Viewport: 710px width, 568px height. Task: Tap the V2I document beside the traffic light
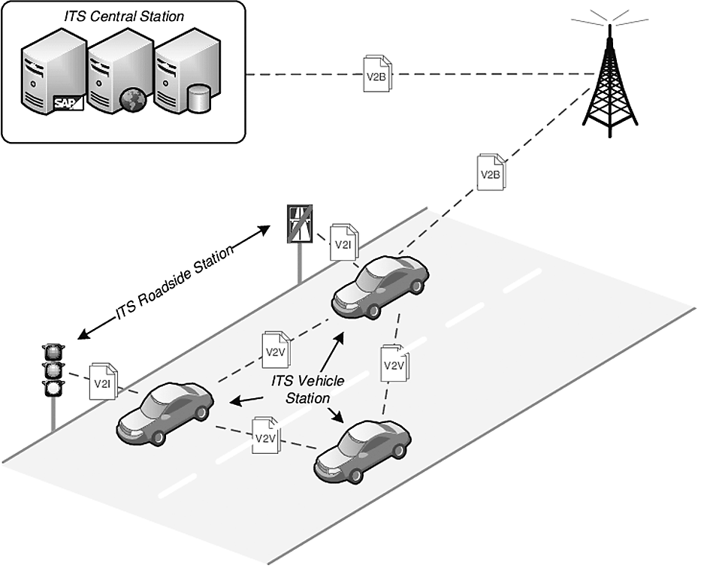103,382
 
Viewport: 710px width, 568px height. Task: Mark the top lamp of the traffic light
53,352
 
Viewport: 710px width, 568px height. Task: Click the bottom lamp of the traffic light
53,388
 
